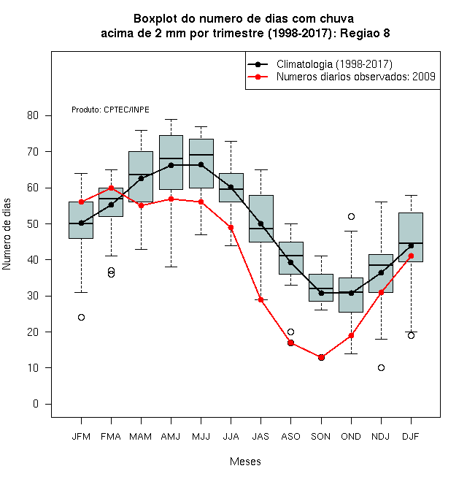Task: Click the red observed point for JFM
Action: click(82, 202)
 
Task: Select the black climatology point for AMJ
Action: click(171, 165)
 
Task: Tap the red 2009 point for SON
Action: click(321, 358)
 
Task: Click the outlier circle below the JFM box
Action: click(82, 317)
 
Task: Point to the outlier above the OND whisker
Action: click(351, 216)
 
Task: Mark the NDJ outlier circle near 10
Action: click(382, 367)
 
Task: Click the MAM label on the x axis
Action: click(141, 437)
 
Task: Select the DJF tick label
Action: click(411, 437)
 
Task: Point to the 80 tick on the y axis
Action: click(33, 115)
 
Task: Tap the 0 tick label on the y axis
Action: click(36, 404)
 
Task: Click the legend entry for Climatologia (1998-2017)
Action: click(320, 64)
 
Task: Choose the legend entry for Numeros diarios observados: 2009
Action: click(341, 77)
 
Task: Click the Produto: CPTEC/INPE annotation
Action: click(111, 110)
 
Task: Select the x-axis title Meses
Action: click(245, 462)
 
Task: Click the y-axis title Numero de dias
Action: click(7, 234)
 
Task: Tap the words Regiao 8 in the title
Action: click(365, 33)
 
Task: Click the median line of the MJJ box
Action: click(201, 155)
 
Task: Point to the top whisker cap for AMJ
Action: click(171, 119)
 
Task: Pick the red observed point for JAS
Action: click(260, 299)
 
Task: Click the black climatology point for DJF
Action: click(411, 245)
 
